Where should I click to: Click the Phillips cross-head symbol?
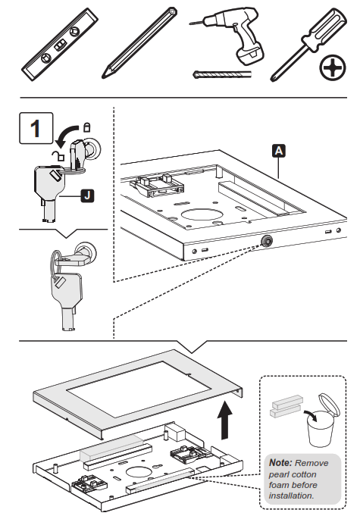330,70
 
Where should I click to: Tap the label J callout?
87,197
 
